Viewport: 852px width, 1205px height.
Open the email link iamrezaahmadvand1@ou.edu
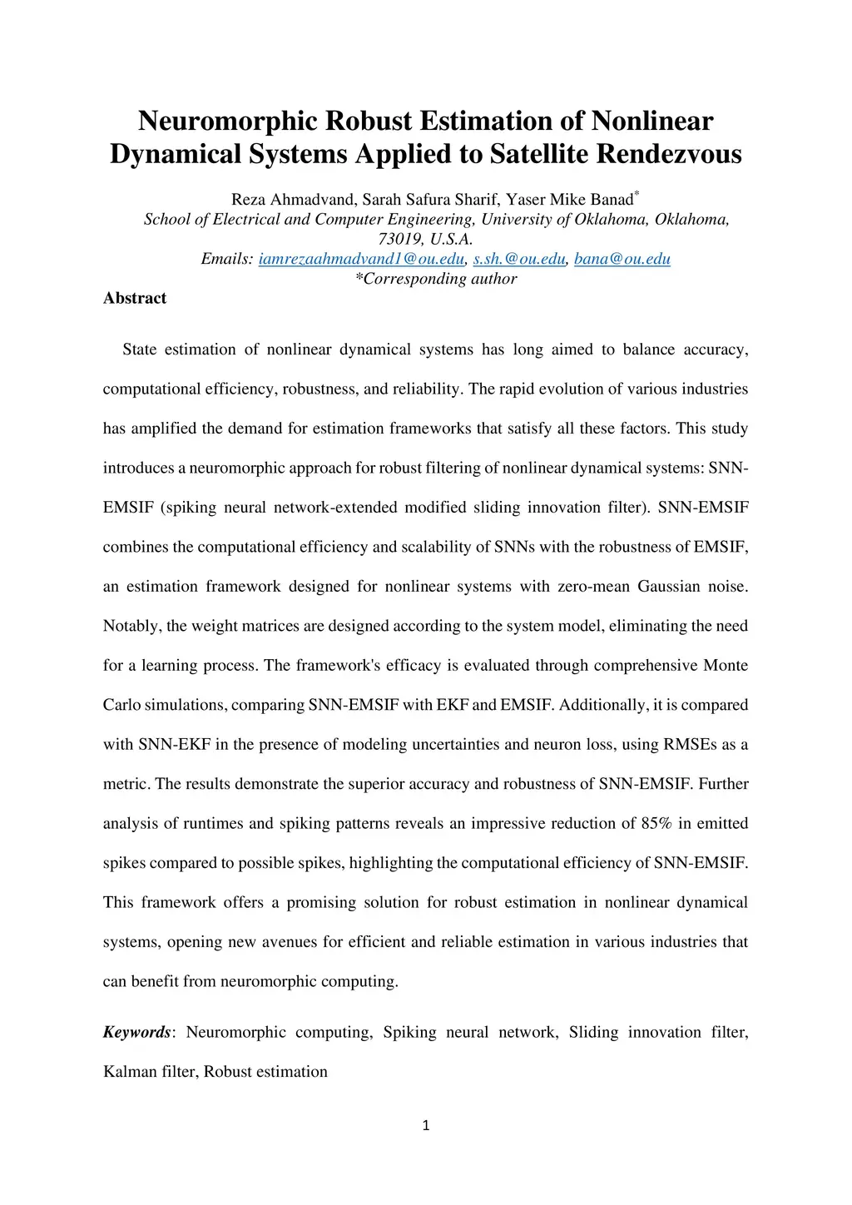pos(361,259)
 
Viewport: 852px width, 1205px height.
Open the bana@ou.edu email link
pos(622,259)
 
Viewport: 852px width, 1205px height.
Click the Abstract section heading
pos(135,298)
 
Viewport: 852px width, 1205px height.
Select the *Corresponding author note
pos(436,279)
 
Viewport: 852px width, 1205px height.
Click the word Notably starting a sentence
pos(131,626)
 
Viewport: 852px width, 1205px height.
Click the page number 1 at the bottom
pos(426,1127)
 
